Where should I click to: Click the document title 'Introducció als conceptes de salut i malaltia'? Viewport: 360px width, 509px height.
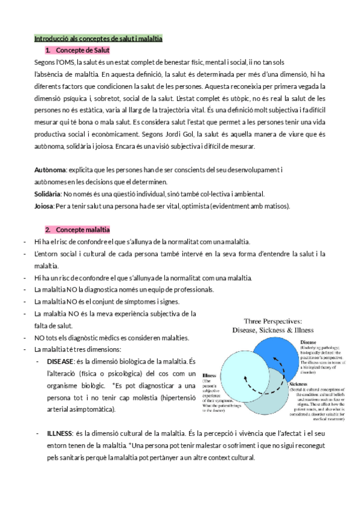click(x=98, y=38)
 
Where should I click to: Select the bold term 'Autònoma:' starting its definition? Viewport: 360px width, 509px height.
click(x=50, y=170)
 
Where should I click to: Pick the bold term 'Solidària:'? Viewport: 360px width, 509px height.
click(x=48, y=194)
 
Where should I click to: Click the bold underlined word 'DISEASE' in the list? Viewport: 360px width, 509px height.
click(x=61, y=361)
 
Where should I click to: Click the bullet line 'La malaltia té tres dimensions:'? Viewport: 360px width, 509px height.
click(x=77, y=349)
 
